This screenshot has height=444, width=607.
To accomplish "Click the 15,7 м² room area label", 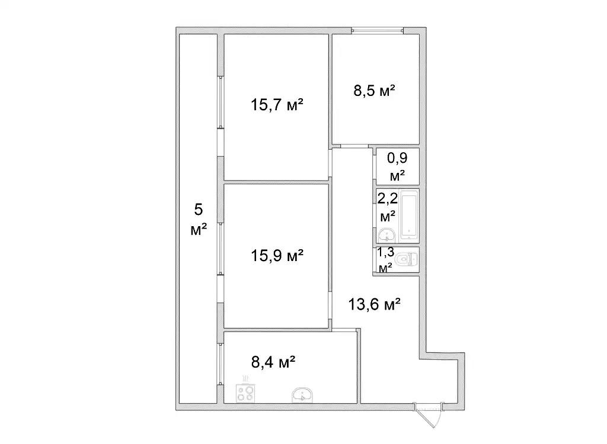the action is coord(277,104).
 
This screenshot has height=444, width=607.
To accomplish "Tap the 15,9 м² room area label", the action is coord(277,255).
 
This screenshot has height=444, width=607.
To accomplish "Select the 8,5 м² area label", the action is coord(375,91).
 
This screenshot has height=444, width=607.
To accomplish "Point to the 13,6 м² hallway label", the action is coord(374,304).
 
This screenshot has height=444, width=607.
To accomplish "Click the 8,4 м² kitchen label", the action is coord(273,362).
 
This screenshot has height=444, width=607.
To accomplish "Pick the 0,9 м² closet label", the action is coord(398,166).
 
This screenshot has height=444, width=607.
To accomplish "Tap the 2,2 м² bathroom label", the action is coord(388,207).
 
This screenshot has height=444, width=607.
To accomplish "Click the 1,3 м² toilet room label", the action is coord(385,259).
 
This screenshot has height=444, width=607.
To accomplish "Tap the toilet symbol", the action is coord(409,259).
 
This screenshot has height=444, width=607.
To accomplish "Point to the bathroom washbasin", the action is coord(386,235).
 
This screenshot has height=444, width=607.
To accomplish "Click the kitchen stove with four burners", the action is coord(245,393).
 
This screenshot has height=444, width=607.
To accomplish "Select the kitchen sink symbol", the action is coord(302,395).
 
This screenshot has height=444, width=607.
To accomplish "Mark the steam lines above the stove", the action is coord(245,378).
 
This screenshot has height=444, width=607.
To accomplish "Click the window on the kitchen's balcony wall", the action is coord(220,364).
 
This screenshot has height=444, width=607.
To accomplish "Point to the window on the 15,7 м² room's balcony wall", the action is coord(220,102).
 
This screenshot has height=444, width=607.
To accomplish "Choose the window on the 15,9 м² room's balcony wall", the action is coord(220,249).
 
